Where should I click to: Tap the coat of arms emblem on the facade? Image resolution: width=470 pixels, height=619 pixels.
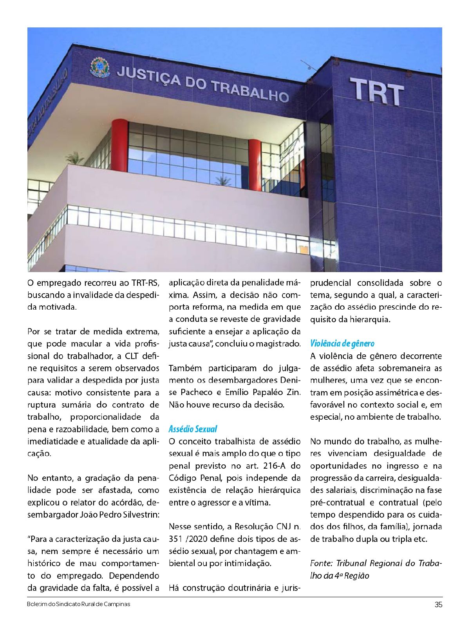click(100, 67)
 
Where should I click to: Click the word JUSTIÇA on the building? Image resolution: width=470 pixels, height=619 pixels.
click(149, 76)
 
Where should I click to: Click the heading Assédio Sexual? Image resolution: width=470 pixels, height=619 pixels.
click(193, 429)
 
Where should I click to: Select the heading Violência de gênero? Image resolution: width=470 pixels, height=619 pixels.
click(342, 344)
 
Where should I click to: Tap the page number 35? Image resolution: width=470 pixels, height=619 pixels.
click(438, 605)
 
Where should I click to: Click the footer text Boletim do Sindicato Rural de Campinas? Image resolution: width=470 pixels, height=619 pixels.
click(78, 604)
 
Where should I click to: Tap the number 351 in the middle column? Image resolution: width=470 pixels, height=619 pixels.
click(176, 539)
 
